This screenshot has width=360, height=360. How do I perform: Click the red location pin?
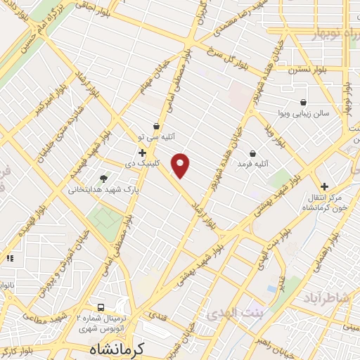[181, 166]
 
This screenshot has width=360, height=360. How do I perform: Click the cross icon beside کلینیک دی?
[142, 152]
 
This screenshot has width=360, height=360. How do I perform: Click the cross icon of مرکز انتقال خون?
[324, 186]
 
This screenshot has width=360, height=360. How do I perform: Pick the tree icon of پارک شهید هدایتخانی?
[104, 179]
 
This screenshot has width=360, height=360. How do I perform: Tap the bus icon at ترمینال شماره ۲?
[101, 307]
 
